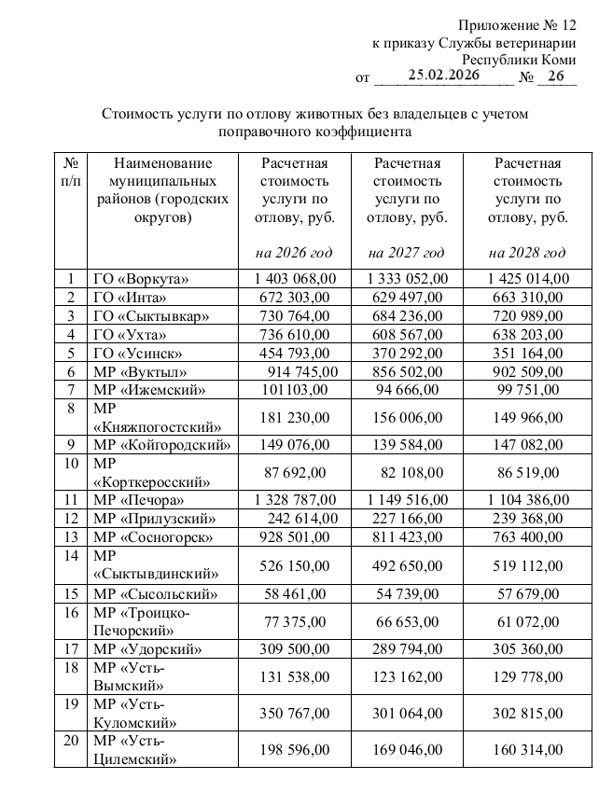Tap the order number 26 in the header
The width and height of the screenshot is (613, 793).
556,77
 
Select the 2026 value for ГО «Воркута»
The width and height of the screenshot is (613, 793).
294,279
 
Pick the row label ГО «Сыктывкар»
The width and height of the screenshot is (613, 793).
151,316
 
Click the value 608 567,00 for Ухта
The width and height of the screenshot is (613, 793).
407,335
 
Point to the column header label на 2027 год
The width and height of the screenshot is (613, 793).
407,253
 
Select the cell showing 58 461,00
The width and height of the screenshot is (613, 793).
293,593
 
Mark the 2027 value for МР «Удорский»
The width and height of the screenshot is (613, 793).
408,648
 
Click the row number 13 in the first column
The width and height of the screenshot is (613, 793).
71,537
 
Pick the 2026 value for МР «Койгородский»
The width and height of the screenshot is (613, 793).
294,445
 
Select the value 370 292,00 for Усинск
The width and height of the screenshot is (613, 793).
408,354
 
